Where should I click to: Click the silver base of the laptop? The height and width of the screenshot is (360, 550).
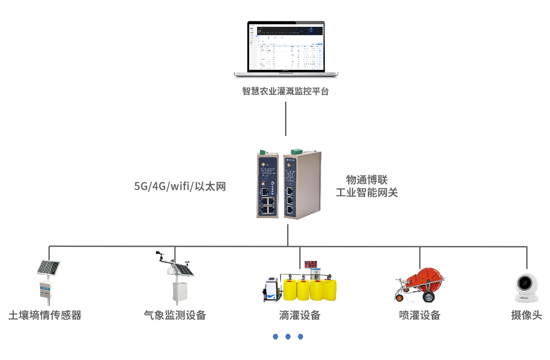tap(286, 74)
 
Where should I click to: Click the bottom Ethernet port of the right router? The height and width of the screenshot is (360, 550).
tap(290, 209)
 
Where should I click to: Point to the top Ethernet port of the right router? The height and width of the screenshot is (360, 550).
tap(290, 191)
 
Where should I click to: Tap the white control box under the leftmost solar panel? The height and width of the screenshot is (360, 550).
tap(46, 292)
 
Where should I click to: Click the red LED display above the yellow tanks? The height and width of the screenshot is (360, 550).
tap(311, 264)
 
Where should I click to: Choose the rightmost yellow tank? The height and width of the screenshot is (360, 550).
tap(329, 291)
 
